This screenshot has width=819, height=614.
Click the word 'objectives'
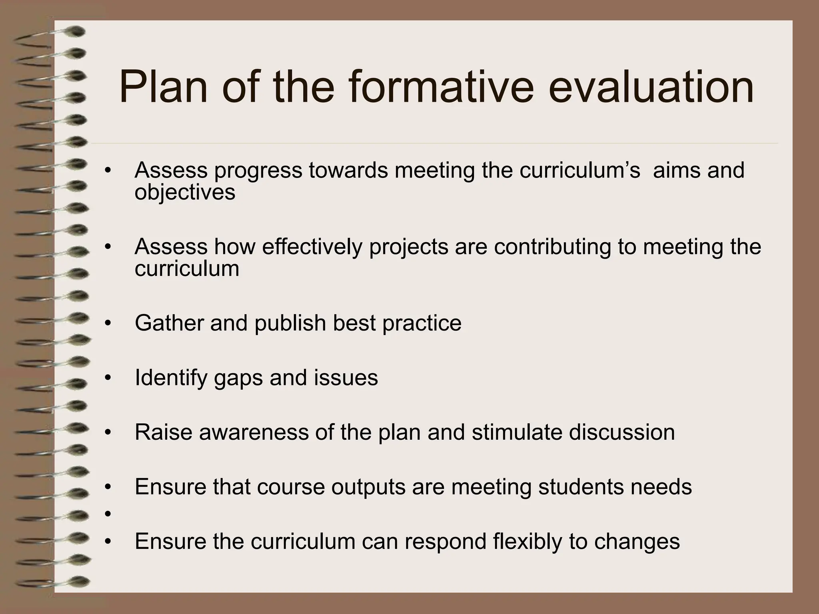point(185,193)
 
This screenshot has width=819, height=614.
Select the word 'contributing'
point(552,247)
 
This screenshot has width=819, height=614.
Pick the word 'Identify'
point(171,378)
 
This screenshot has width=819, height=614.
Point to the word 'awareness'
point(254,433)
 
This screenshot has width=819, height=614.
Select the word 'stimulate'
point(517,433)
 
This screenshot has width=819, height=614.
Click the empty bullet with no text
point(107,514)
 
